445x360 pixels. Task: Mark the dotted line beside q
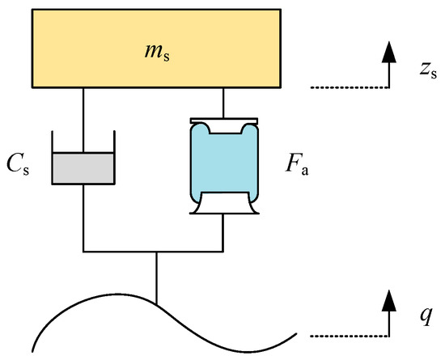click(x=343, y=332)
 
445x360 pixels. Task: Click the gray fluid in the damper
click(x=83, y=168)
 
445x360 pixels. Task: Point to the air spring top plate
click(x=222, y=120)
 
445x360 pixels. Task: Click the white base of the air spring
click(x=222, y=205)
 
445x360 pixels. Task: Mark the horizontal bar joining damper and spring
click(x=154, y=251)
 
